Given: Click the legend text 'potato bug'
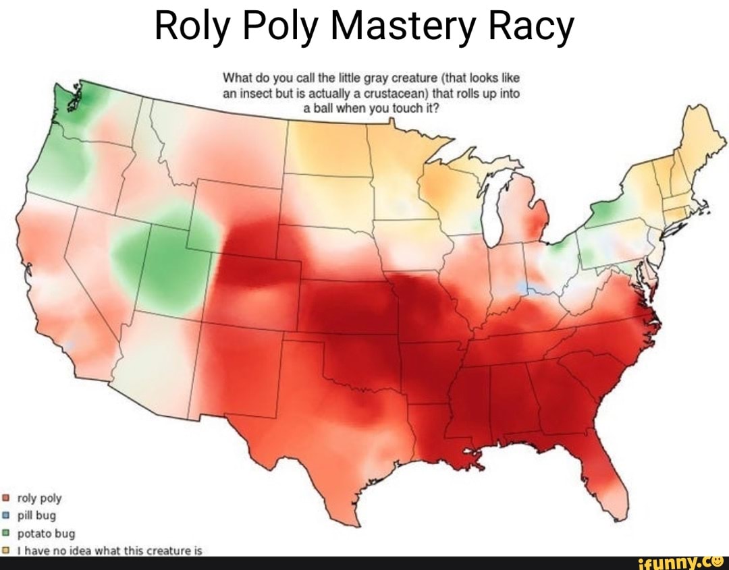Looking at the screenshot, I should (39, 534).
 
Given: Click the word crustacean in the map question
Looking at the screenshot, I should (382, 94).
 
